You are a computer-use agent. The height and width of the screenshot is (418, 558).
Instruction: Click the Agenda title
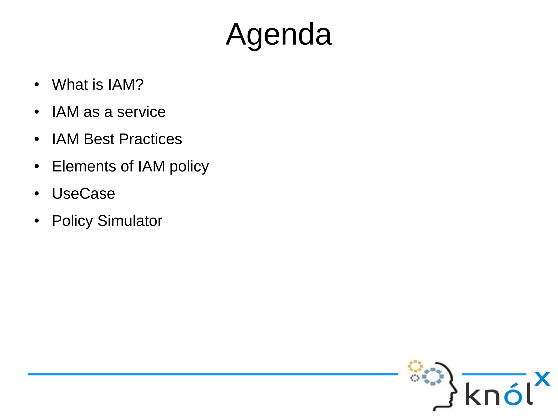click(279, 35)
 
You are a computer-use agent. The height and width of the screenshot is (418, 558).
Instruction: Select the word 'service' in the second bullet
click(141, 112)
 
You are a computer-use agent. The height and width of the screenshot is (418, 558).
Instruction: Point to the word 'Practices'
click(150, 139)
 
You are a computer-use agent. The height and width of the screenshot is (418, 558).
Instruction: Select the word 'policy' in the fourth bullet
click(189, 167)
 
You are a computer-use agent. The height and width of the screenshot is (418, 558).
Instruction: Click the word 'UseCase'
click(83, 194)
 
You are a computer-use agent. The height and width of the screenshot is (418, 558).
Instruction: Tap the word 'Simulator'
click(130, 221)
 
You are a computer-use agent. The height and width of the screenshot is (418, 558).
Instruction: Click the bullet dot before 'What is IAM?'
click(37, 85)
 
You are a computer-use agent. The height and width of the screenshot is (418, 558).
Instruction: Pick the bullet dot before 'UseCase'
click(37, 194)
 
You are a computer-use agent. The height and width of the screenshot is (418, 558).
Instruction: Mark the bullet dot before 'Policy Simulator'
click(37, 221)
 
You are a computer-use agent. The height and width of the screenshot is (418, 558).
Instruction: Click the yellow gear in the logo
click(415, 366)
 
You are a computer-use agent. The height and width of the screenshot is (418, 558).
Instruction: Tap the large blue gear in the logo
click(433, 377)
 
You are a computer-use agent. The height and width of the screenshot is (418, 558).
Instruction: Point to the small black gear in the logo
click(414, 378)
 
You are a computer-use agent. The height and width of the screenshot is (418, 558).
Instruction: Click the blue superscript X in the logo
click(542, 379)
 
